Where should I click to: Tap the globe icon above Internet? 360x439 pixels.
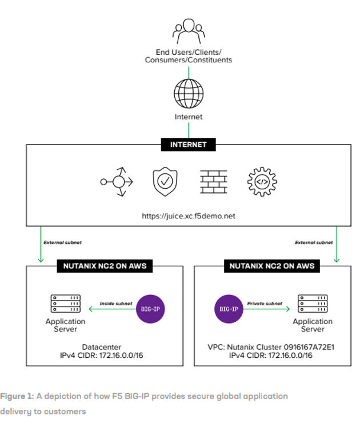[x=189, y=93]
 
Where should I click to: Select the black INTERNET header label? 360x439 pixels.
[x=189, y=145]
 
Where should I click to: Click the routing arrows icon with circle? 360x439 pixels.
[x=117, y=182]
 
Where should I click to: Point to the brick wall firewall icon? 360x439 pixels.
[x=213, y=182]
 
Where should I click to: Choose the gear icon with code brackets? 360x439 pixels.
[x=261, y=182]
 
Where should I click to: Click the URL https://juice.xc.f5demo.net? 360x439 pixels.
[x=189, y=216]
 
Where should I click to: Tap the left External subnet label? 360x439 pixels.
[x=62, y=242]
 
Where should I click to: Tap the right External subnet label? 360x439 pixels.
[x=314, y=242]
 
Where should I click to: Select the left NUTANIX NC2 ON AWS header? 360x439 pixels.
[x=105, y=265]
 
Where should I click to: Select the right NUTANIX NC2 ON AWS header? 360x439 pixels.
[x=272, y=265]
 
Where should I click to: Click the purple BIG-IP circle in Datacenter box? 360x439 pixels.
[x=151, y=309]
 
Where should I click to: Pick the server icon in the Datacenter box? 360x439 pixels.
[x=65, y=305]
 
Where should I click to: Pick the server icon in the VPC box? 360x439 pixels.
[x=312, y=305]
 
